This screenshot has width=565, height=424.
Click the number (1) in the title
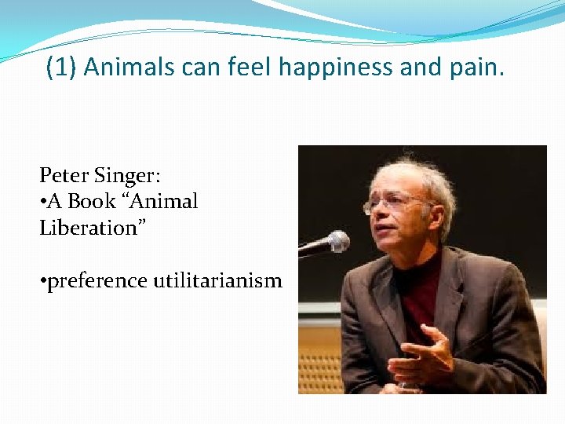click(x=61, y=68)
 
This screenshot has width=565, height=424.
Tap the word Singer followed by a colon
click(x=118, y=174)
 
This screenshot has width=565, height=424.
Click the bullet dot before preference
click(x=43, y=281)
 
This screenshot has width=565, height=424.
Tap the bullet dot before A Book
click(x=43, y=203)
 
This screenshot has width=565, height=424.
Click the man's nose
click(x=388, y=217)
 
